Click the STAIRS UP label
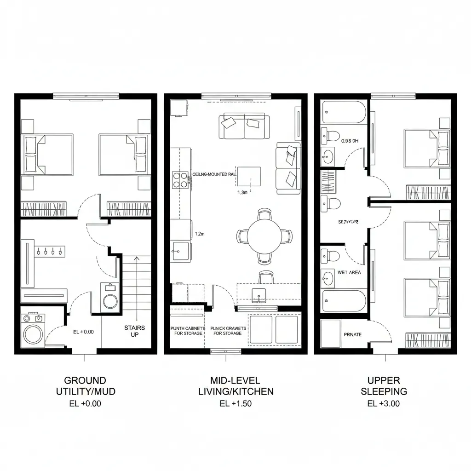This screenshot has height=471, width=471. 134,331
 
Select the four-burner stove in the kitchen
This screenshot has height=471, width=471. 181,180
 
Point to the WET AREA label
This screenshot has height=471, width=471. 349,272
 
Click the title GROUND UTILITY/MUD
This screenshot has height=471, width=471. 85,386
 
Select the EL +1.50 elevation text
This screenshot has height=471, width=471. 235,404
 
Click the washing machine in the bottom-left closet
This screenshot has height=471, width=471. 33,333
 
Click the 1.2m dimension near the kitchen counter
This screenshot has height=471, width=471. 200,234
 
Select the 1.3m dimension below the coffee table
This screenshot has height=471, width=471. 242,192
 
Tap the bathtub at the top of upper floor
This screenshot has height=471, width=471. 344,113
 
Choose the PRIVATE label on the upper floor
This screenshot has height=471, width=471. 353,334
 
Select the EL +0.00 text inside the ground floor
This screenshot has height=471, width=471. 83,331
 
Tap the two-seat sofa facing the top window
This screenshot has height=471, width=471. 244,125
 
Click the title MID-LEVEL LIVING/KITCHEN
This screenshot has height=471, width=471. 235,386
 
